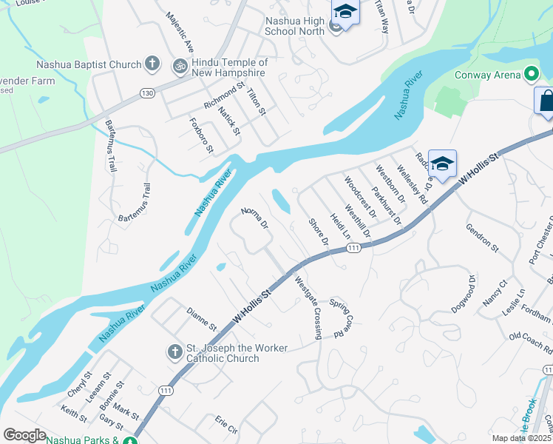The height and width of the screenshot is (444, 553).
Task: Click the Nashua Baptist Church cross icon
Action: tap(152, 64)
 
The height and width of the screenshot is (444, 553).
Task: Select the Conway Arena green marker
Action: tap(530, 74)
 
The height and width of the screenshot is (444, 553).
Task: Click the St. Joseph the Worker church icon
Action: tap(175, 350)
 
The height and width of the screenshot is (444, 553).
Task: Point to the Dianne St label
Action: tap(201, 320)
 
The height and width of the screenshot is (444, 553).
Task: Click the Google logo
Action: tap(25, 435)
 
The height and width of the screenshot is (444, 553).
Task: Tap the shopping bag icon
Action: tap(546, 101)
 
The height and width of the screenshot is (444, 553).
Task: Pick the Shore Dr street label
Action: tap(319, 231)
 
